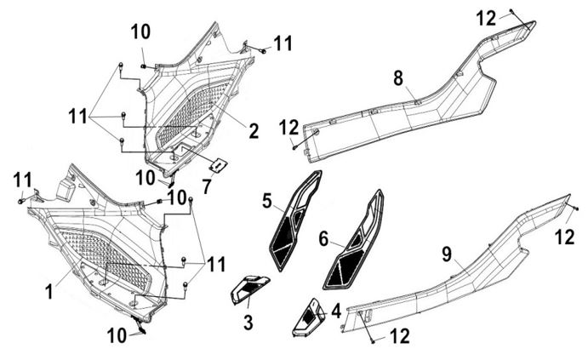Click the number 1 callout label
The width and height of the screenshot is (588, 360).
pyautogui.click(x=49, y=291)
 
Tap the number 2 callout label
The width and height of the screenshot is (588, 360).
pyautogui.click(x=254, y=131)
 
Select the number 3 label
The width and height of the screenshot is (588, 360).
pyautogui.click(x=248, y=323)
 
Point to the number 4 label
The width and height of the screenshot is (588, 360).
pyautogui.click(x=336, y=311)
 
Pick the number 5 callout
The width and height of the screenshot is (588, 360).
pyautogui.click(x=267, y=202)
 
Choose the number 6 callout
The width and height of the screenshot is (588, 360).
pyautogui.click(x=324, y=239)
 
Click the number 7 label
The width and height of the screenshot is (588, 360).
pyautogui.click(x=207, y=187)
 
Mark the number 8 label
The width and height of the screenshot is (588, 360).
pyautogui.click(x=398, y=78)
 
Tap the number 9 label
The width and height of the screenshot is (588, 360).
pyautogui.click(x=447, y=254)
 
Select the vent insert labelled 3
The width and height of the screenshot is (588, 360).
pyautogui.click(x=249, y=289)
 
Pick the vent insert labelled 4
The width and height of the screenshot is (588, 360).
pyautogui.click(x=308, y=318)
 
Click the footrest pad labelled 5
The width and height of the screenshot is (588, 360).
pyautogui.click(x=294, y=220)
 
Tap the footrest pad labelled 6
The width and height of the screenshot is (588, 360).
pyautogui.click(x=352, y=240)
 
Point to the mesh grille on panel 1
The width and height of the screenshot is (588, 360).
pyautogui.click(x=105, y=260)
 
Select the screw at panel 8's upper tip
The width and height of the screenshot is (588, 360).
pyautogui.click(x=511, y=11)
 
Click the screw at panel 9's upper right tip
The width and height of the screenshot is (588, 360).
pyautogui.click(x=577, y=209)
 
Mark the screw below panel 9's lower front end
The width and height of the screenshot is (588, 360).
pyautogui.click(x=373, y=341)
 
